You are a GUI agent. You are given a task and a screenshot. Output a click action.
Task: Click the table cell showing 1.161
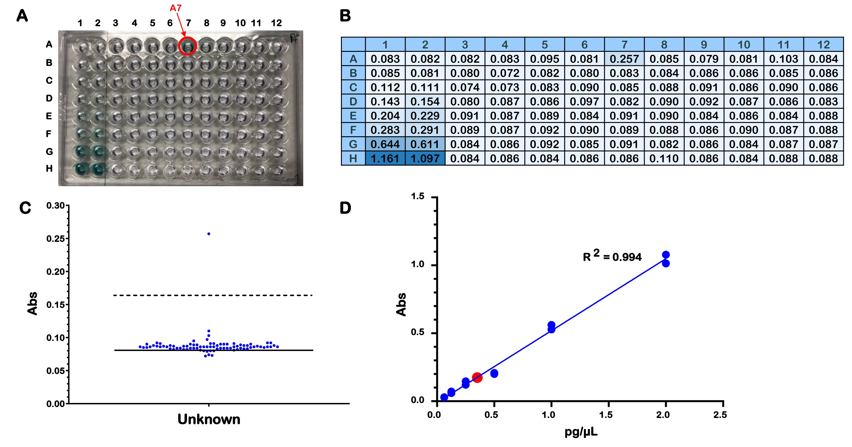385,158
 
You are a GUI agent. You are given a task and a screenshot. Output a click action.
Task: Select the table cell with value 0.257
624,59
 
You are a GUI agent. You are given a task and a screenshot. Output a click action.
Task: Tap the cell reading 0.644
385,144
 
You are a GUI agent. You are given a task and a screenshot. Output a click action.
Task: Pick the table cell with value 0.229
425,116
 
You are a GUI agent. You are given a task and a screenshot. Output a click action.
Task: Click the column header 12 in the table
823,45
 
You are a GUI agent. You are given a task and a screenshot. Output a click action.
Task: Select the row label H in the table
353,158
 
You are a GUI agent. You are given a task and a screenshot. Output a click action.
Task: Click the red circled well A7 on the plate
188,46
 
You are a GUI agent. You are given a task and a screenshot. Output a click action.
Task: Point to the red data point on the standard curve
477,377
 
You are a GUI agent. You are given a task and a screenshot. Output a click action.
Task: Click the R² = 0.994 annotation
612,256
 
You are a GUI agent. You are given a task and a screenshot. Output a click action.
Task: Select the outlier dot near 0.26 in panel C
209,234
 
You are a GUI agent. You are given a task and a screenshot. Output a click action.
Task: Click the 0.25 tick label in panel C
55,239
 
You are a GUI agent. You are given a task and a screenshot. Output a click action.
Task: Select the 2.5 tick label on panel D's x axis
720,415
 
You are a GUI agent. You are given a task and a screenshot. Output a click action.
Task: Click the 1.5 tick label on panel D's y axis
417,196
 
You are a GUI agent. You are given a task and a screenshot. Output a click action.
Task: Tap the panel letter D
345,208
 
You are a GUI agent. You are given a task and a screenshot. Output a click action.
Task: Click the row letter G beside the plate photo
49,151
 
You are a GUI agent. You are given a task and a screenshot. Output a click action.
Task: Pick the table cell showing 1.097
425,158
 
